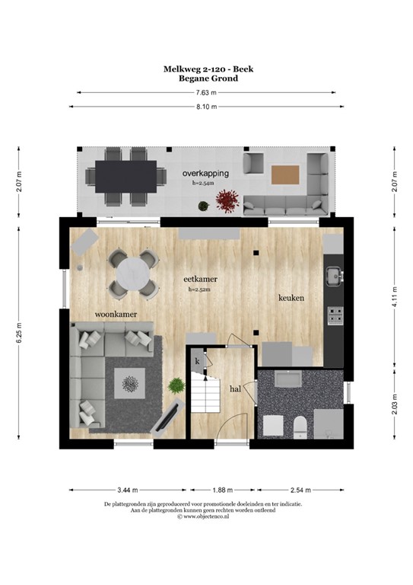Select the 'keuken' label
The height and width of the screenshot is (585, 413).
(291, 298)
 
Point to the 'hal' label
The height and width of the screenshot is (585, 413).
(236, 388)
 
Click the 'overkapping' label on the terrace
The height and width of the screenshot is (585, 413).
(205, 174)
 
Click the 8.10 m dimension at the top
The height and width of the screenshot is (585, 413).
(206, 107)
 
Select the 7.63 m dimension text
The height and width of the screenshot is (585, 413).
(206, 92)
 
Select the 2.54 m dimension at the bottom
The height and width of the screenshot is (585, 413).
(303, 490)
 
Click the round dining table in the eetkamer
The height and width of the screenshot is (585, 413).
(135, 273)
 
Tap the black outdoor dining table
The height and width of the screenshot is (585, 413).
(126, 176)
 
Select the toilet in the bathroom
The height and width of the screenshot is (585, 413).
(299, 426)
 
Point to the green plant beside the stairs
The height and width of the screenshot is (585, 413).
(176, 385)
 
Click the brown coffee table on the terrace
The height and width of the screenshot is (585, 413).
(286, 174)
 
